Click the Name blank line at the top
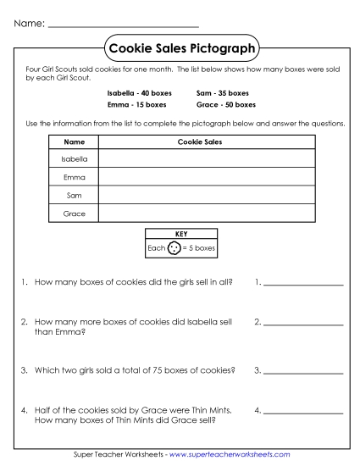(x=124, y=26)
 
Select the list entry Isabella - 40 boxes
(x=136, y=92)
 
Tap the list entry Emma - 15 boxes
(x=136, y=105)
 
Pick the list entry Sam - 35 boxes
(x=222, y=92)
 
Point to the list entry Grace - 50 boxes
(x=225, y=105)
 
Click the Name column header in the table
(x=74, y=142)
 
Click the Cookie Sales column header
(x=200, y=142)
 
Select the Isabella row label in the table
(x=74, y=158)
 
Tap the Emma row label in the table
(x=74, y=177)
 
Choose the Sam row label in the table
(x=74, y=195)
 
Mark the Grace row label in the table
(x=74, y=214)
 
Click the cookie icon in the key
(x=174, y=248)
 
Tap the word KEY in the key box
(x=180, y=233)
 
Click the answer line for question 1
(x=303, y=283)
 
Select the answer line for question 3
(x=303, y=372)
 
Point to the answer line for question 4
(x=303, y=413)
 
